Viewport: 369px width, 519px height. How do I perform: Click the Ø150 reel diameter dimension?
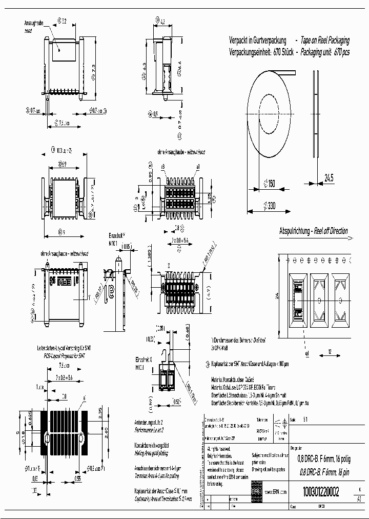pos(269,183)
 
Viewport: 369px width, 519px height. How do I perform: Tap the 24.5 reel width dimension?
pos(329,178)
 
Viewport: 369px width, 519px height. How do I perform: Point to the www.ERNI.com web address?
pos(275,491)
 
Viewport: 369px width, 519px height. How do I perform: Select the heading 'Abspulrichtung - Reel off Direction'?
pos(313,231)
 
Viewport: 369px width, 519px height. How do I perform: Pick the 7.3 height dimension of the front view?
pos(93,68)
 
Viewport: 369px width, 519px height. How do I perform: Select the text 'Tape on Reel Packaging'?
pos(325,40)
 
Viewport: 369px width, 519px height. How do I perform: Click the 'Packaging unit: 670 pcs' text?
pos(325,52)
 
